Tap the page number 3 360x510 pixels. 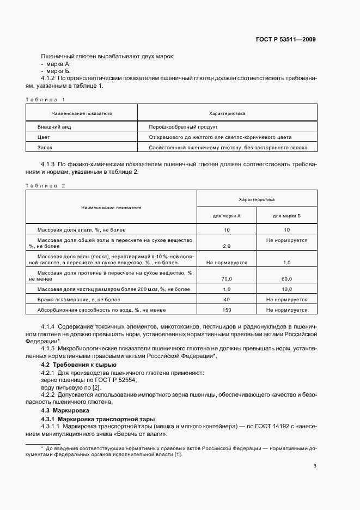coord(314,466)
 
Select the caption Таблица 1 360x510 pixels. coord(45,100)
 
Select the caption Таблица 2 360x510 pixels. coord(45,186)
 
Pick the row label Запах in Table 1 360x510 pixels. coord(45,148)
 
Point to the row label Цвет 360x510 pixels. coord(44,137)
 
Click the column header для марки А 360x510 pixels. coord(227,216)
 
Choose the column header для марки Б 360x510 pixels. coord(286,216)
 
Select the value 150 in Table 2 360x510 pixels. coord(227,309)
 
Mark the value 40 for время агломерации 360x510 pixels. coord(227,299)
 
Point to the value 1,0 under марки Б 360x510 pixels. coord(286,262)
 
